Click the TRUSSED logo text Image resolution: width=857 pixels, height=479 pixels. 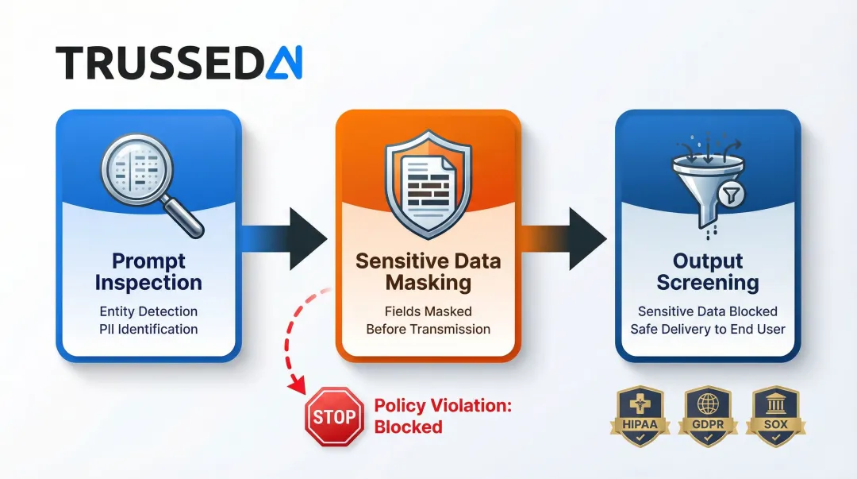pos(159,62)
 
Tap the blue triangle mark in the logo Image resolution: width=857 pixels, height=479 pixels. pos(283,63)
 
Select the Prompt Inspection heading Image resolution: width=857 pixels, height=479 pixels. pos(148,272)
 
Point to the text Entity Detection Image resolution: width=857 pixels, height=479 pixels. pos(148,311)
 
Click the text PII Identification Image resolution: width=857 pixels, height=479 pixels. pos(148,329)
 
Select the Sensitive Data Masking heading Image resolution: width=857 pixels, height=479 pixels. pos(428,272)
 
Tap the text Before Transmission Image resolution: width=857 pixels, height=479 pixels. pos(428,329)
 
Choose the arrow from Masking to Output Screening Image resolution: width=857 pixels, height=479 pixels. pos(568,238)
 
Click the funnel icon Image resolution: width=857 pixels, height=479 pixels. pos(707,187)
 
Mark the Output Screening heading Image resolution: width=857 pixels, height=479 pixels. pos(707,272)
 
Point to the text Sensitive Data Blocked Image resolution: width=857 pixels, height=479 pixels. pos(707,311)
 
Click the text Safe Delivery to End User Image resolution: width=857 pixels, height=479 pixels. pos(707,329)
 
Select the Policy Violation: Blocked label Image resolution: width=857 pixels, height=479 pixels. pos(443,416)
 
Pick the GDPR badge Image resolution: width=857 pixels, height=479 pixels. pos(707,413)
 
